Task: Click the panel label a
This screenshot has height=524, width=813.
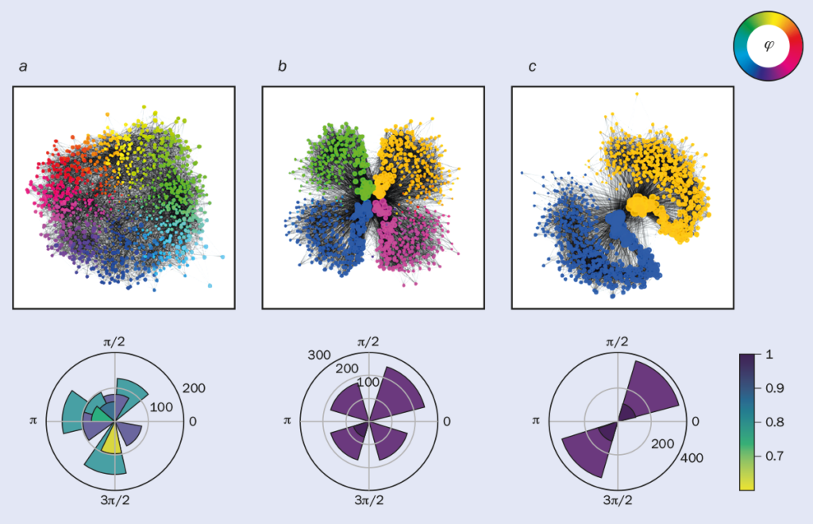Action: [23, 66]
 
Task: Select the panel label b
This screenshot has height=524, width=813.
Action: [282, 66]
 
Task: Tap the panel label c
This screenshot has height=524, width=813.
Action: [533, 66]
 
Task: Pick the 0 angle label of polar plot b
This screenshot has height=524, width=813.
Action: [448, 420]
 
